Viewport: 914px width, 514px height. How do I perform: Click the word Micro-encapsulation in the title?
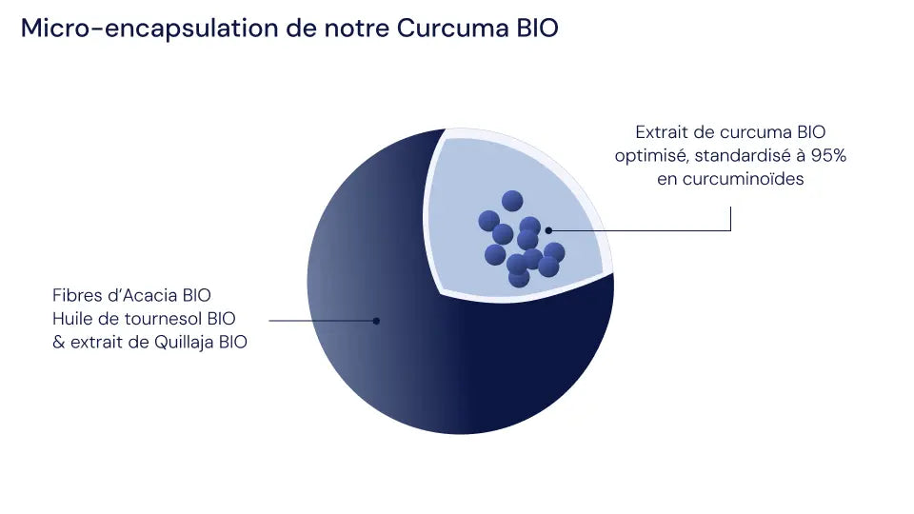[x=149, y=29]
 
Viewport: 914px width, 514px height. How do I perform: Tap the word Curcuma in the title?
[x=453, y=28]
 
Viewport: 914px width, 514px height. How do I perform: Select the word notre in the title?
[x=356, y=29]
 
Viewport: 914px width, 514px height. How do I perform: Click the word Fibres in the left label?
[x=73, y=295]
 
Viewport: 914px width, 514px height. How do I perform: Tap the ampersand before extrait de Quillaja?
[x=58, y=342]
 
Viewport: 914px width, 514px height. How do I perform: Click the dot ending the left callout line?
[x=377, y=321]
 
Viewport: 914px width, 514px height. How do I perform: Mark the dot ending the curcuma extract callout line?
[x=548, y=230]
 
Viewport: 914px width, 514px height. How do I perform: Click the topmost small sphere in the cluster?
[x=512, y=201]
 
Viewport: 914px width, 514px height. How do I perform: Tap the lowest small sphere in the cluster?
[x=519, y=278]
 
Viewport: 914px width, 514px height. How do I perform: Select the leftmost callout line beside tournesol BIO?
[x=323, y=321]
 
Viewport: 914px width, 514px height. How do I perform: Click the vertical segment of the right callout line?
[x=730, y=219]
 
